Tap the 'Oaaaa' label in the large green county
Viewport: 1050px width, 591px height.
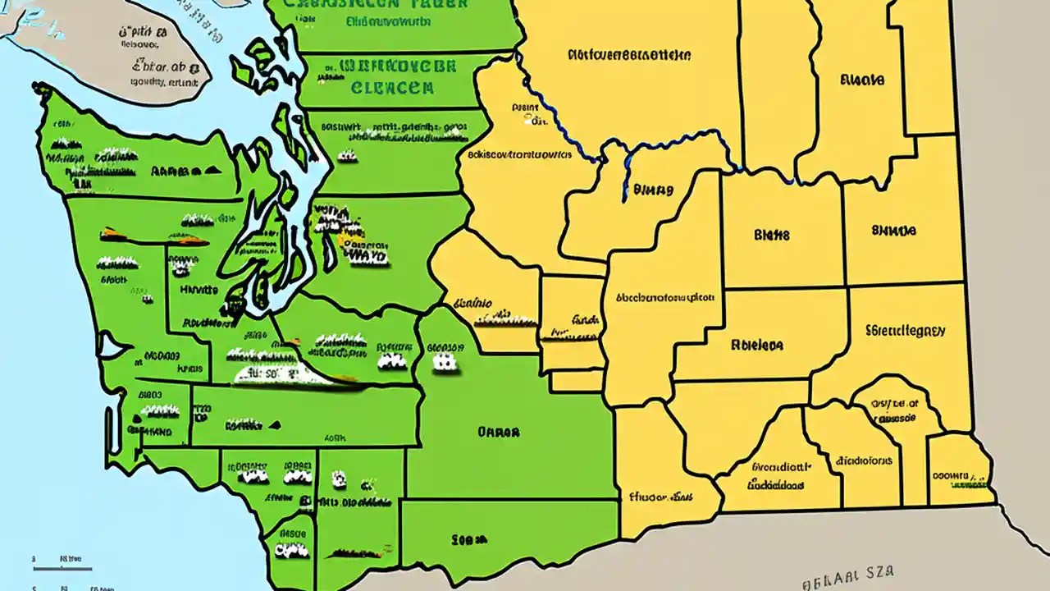pos(498,429)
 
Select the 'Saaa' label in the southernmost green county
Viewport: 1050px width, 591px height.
pos(468,539)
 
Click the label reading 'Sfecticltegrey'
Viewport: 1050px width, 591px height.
pos(905,332)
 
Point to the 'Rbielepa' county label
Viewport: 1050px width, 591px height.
pos(756,346)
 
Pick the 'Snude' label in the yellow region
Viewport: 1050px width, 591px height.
pos(893,231)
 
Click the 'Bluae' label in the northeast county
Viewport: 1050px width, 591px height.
pos(861,80)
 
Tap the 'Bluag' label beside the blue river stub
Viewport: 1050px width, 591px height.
pos(653,190)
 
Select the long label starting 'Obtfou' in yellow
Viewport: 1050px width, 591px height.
pos(628,55)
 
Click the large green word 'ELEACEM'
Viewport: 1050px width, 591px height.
pos(391,88)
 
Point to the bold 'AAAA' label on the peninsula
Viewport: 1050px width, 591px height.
pos(176,172)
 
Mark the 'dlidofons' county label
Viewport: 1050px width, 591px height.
pos(863,461)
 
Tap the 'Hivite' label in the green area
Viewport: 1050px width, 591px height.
pos(199,290)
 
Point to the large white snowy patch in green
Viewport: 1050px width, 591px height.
pos(283,373)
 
